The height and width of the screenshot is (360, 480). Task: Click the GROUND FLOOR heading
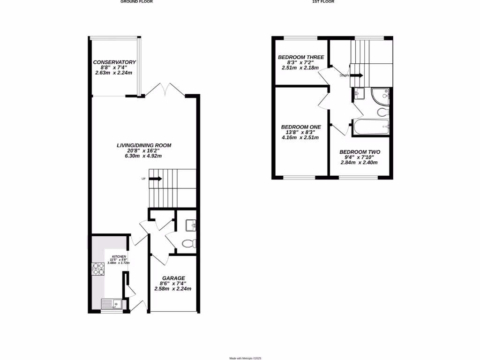click(136, 2)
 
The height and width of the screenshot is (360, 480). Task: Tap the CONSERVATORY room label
click(114, 62)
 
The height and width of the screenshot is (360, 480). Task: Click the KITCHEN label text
click(118, 256)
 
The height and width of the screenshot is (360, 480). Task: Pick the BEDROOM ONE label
click(301, 127)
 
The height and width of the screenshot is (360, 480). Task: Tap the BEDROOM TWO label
click(360, 152)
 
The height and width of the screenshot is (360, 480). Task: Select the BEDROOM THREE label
click(301, 57)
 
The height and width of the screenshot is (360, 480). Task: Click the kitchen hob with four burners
click(98, 269)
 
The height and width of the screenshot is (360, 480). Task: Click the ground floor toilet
click(188, 243)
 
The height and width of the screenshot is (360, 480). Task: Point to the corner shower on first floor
click(381, 96)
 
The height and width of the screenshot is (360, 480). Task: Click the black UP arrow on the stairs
click(157, 179)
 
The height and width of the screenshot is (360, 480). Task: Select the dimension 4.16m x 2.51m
click(300, 137)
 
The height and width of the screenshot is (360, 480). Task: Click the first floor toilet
click(382, 112)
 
